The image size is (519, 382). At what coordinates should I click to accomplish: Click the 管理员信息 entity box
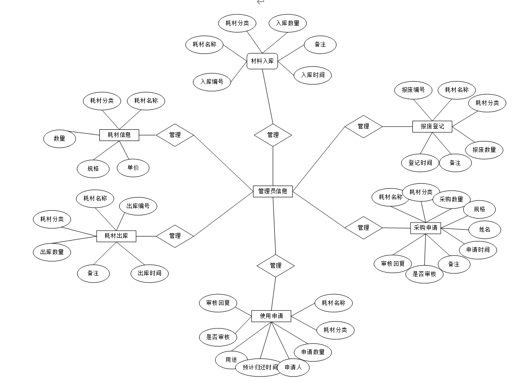[273, 191]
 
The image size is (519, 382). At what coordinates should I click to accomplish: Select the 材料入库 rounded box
[262, 61]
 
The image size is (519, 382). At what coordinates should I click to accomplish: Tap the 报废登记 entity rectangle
[432, 127]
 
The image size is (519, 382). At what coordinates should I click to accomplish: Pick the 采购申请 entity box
[425, 228]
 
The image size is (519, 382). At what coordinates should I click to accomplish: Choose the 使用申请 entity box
[271, 316]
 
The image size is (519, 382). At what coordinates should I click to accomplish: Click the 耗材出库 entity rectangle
[116, 236]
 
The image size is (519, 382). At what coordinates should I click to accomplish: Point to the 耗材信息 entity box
[119, 135]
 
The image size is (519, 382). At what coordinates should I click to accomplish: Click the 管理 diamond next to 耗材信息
[174, 135]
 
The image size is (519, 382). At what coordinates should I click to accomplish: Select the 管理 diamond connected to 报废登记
[363, 127]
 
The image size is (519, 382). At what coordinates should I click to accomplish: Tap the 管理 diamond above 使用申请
[275, 266]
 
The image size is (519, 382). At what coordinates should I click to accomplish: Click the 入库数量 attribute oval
[288, 23]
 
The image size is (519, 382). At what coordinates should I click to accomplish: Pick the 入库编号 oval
[212, 82]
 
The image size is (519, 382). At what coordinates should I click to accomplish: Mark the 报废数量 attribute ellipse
[484, 150]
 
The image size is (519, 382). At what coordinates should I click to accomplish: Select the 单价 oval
[133, 168]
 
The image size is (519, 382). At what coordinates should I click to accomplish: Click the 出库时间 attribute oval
[149, 273]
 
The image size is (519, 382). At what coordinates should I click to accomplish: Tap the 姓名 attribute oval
[484, 230]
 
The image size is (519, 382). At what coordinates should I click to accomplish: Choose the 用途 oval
[231, 359]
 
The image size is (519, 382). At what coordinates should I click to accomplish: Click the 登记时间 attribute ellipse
[420, 163]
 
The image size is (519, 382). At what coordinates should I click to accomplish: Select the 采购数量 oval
[451, 199]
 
